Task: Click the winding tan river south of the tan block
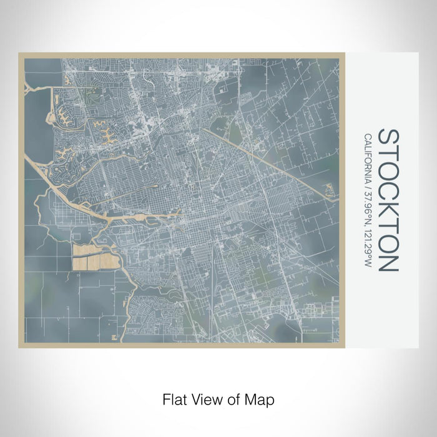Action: [x=134, y=287]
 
